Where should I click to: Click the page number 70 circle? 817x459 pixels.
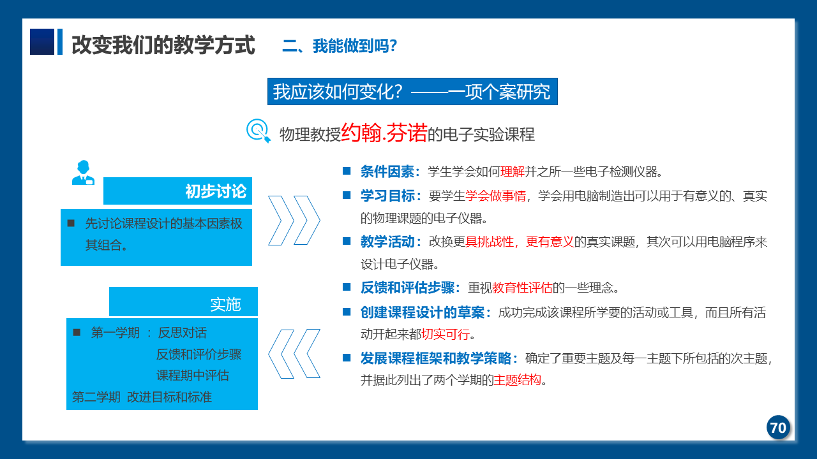[778, 427]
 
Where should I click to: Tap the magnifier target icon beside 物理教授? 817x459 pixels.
[259, 131]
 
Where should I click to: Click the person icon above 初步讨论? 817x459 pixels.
[83, 172]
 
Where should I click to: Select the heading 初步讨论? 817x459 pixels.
[216, 191]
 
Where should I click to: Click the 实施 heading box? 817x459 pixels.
[183, 302]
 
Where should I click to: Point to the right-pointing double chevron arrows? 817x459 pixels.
[294, 221]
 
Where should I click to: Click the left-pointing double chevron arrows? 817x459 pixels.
[294, 354]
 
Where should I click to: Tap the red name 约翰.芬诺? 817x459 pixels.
[384, 133]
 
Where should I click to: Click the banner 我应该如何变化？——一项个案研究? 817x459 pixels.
[412, 91]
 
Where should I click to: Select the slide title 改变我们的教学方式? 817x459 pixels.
[163, 45]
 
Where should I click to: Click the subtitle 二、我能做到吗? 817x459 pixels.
[340, 46]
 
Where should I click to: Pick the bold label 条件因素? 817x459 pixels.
[387, 171]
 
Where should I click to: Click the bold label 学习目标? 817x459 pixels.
[387, 196]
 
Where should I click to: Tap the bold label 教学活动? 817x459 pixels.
[387, 242]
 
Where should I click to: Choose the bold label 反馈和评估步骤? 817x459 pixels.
[407, 288]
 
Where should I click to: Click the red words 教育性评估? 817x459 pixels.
[522, 288]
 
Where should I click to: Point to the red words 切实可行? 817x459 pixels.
[446, 334]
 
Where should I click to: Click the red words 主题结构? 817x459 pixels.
[517, 380]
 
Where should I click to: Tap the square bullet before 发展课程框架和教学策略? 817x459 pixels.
[347, 358]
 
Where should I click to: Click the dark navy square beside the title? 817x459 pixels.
[42, 42]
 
